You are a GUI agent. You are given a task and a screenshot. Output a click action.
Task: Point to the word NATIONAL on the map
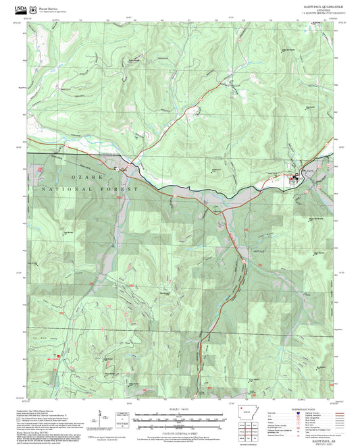click(x=74, y=190)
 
